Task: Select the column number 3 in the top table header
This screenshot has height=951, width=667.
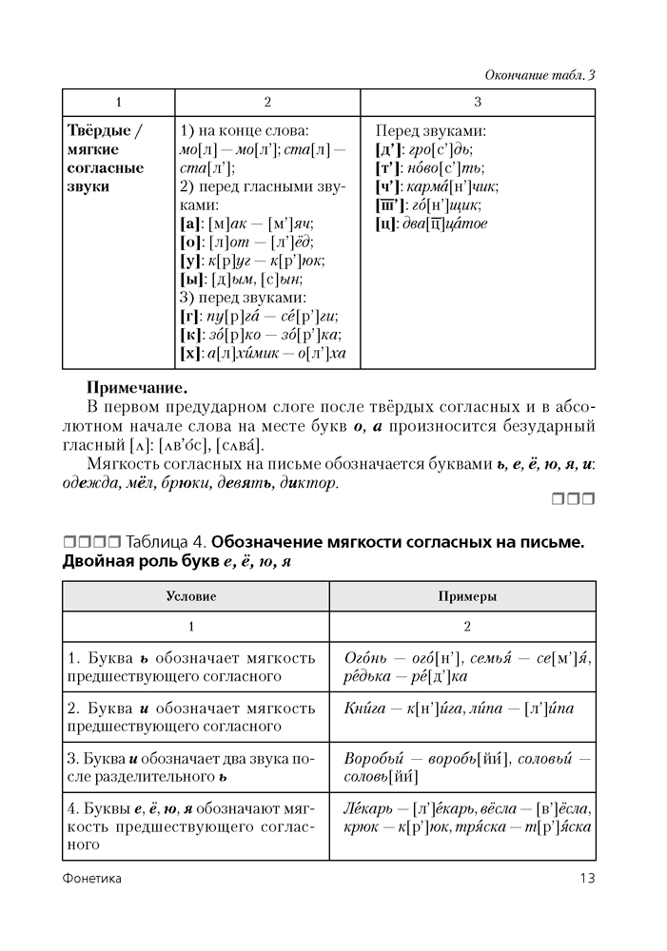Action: coord(477,102)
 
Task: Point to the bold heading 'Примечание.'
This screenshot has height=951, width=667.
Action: coord(137,388)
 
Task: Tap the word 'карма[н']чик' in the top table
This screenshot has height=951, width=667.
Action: coord(456,186)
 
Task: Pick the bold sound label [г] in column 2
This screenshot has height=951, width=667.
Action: coord(188,317)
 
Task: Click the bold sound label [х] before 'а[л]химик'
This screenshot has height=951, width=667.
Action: coord(188,353)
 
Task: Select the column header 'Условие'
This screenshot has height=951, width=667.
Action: coord(195,596)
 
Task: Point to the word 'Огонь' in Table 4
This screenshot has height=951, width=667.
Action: coord(363,658)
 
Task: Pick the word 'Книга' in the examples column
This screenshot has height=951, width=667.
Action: coord(363,709)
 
